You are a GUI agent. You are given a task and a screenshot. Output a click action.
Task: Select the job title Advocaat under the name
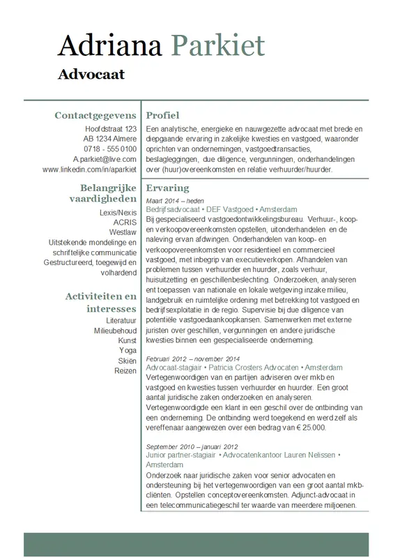pos(91,74)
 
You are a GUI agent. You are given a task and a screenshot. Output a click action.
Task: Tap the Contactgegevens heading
pos(95,115)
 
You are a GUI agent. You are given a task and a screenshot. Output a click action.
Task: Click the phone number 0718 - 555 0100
pos(110,149)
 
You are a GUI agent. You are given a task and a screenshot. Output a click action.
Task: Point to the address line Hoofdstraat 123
pos(111,130)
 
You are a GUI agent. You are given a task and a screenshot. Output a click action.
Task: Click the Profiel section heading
pos(162,115)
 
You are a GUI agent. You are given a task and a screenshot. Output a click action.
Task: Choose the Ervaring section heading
pos(167,188)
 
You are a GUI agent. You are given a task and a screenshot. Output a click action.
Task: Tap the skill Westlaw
pos(123,232)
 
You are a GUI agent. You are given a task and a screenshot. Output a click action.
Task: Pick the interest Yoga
pos(128,350)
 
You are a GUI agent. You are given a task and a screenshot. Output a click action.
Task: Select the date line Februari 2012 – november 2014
pos(193,358)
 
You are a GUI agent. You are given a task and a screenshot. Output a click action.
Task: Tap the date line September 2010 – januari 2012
pos(192,446)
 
